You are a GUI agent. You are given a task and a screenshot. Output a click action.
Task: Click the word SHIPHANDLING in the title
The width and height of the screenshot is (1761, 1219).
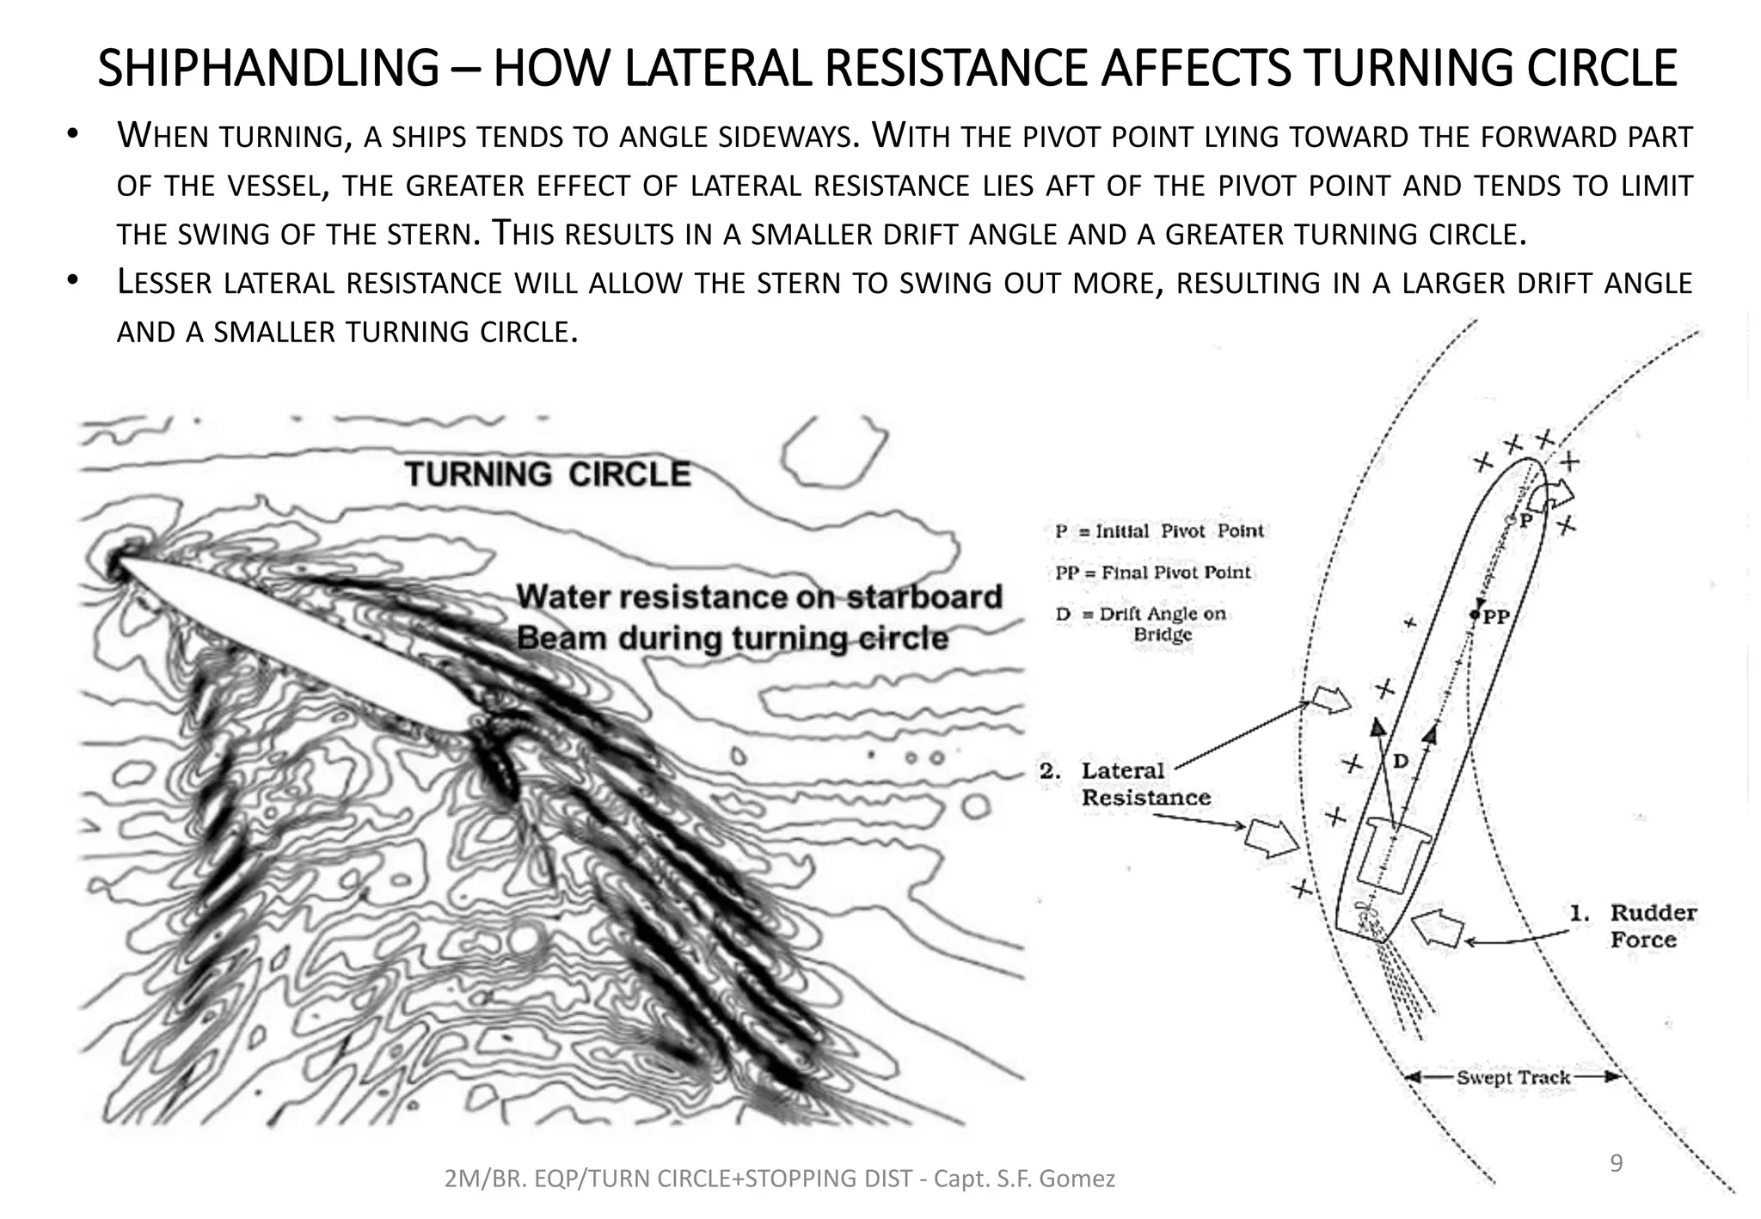coord(267,69)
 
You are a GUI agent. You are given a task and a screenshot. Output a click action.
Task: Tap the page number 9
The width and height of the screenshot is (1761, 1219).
coord(1616,1164)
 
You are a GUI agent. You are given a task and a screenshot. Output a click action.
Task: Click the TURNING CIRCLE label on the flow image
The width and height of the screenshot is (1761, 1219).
coord(548,475)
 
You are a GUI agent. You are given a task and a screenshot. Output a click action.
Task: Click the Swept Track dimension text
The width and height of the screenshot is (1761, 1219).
coord(1512,1077)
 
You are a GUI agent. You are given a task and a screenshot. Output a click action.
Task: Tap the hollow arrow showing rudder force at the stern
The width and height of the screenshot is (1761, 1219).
coord(1438,928)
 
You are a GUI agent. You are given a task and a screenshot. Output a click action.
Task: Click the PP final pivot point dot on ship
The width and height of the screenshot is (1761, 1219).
coord(1475,615)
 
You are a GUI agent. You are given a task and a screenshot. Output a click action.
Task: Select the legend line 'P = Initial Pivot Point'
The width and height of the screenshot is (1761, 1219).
coord(1159,531)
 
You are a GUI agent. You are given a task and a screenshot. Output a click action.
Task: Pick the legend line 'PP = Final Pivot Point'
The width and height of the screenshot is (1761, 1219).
coord(1152,573)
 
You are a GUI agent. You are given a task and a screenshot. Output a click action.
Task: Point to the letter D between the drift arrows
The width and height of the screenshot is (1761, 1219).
coord(1401,761)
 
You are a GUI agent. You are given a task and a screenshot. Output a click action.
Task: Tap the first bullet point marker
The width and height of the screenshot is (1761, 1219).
coord(72,136)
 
